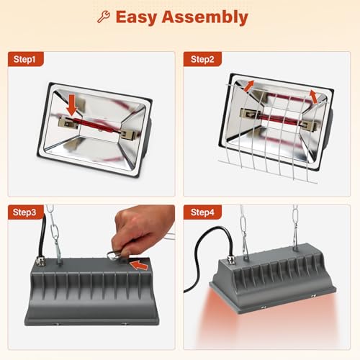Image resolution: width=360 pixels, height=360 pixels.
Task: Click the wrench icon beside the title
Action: [104, 17]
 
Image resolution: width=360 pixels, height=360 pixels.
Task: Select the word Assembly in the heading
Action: [205, 17]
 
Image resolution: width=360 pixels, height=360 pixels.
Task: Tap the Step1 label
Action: [24, 59]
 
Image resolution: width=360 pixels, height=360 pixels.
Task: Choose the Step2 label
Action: [202, 59]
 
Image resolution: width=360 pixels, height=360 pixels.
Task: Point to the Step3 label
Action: [24, 212]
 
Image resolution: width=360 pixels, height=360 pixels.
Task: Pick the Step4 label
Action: [202, 212]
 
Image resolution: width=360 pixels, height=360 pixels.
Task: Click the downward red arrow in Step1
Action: [72, 105]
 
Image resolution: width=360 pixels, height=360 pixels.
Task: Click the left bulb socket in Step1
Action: [68, 124]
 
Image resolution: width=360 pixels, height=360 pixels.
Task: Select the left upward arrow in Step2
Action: [249, 86]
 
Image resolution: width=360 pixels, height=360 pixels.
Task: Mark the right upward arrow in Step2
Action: [314, 96]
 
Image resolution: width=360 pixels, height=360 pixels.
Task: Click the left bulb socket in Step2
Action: [251, 114]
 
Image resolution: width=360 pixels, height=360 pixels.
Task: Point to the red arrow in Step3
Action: [139, 265]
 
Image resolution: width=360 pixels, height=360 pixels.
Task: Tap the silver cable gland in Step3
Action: [40, 261]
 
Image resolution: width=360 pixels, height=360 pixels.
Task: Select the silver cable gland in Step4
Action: [231, 259]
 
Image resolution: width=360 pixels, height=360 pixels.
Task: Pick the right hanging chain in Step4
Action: [295, 228]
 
